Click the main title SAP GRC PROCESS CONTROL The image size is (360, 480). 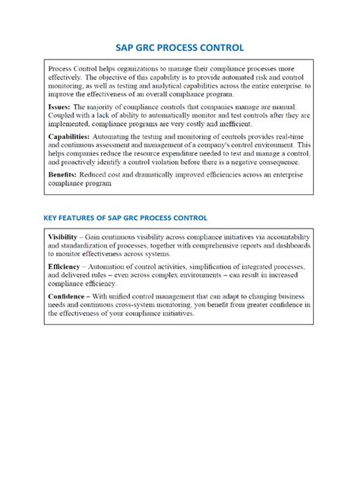179,47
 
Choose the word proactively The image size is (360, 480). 77,162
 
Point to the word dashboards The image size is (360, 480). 287,246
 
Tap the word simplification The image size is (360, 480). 205,267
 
